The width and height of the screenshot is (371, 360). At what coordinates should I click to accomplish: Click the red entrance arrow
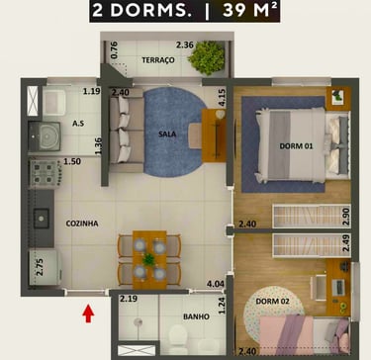coord(88,314)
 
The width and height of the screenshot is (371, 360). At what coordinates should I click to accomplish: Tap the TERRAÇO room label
coord(158,60)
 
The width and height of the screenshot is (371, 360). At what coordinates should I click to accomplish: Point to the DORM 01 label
coord(296,146)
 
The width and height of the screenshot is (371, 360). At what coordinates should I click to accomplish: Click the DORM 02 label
coord(272,301)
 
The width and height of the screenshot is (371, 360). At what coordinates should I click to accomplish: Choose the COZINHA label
coord(82,224)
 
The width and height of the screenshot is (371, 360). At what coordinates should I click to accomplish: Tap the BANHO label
coord(196,316)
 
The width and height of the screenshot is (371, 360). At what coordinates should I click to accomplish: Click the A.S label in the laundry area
coord(78,124)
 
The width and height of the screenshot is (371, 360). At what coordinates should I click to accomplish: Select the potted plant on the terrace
coord(207,58)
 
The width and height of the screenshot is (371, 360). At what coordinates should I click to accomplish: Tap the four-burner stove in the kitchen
coord(44,173)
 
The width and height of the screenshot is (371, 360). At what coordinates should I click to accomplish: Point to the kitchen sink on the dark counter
coord(42,219)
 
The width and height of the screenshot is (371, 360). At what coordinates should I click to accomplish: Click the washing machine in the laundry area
coord(45,136)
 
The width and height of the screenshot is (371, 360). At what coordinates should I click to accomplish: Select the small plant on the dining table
coord(149,260)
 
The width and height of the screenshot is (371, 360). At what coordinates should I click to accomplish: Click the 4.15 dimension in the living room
coord(222,99)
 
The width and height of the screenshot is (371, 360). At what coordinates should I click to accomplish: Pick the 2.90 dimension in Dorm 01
coord(345,217)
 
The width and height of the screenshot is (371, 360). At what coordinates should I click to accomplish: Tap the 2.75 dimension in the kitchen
coord(40,267)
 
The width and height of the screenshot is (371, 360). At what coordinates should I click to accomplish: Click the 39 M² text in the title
coord(249,11)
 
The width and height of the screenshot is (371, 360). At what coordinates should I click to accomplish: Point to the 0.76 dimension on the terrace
coord(114,50)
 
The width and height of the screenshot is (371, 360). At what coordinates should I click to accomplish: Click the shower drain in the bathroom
coord(138,321)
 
